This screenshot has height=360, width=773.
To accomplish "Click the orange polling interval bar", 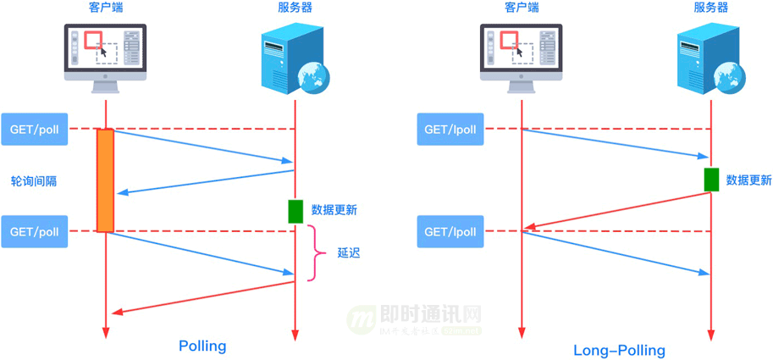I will [x=105, y=180].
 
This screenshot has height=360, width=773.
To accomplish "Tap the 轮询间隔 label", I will [x=34, y=181].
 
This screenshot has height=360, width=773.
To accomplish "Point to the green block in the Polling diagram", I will [x=295, y=211].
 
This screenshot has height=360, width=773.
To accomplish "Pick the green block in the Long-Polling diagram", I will [x=711, y=180].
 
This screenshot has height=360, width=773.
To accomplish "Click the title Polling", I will [x=202, y=346].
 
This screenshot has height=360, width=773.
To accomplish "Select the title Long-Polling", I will [x=619, y=350].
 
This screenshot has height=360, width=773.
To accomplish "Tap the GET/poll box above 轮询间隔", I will [x=34, y=130].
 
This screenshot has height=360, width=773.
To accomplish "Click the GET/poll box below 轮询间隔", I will [x=34, y=231].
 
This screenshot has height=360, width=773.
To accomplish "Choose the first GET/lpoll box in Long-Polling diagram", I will [x=450, y=130].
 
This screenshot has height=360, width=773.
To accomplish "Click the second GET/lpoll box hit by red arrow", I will [x=450, y=231].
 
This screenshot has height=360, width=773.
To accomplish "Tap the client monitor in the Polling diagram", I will [x=105, y=53].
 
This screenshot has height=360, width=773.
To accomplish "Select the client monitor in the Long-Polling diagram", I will [x=521, y=53].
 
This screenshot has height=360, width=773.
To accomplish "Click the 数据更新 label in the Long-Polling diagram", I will [x=749, y=180].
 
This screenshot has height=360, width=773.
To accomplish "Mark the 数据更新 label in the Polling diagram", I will [x=334, y=210].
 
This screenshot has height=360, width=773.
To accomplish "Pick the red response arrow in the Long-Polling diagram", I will [x=618, y=210].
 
